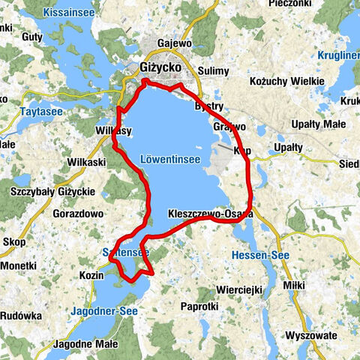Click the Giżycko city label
click(160, 67)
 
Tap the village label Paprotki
click(199, 306)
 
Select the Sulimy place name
click(214, 70)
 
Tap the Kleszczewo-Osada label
click(211, 214)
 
